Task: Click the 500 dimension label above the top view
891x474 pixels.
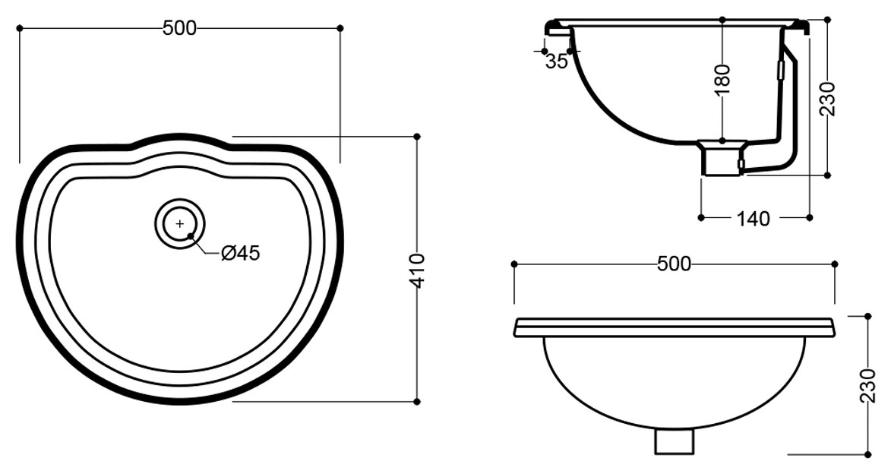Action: coord(179,28)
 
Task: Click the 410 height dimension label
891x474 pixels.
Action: coord(418,271)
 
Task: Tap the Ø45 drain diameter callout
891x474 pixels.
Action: coord(240,253)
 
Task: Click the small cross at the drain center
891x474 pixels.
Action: coord(179,224)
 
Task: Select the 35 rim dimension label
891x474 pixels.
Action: coord(556,61)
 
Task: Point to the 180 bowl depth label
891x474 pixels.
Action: coord(722,82)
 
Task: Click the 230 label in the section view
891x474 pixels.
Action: coord(827,99)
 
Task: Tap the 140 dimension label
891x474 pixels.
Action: coord(754,218)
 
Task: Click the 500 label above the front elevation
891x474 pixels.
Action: coord(674,264)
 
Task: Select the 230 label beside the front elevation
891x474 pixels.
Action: coord(867,386)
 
